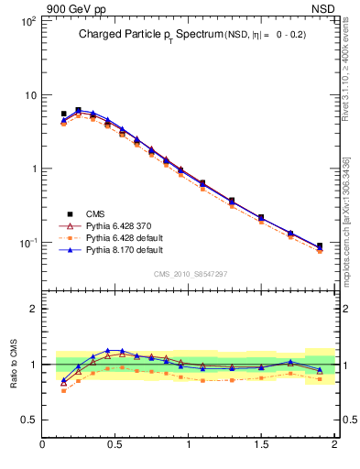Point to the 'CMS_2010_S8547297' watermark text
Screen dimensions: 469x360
190,274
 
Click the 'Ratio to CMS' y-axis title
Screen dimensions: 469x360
15,364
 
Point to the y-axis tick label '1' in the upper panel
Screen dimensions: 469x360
32,169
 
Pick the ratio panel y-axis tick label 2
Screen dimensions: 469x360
33,309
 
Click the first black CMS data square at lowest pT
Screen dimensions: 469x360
63,114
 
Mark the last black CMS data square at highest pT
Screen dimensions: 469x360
320,245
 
